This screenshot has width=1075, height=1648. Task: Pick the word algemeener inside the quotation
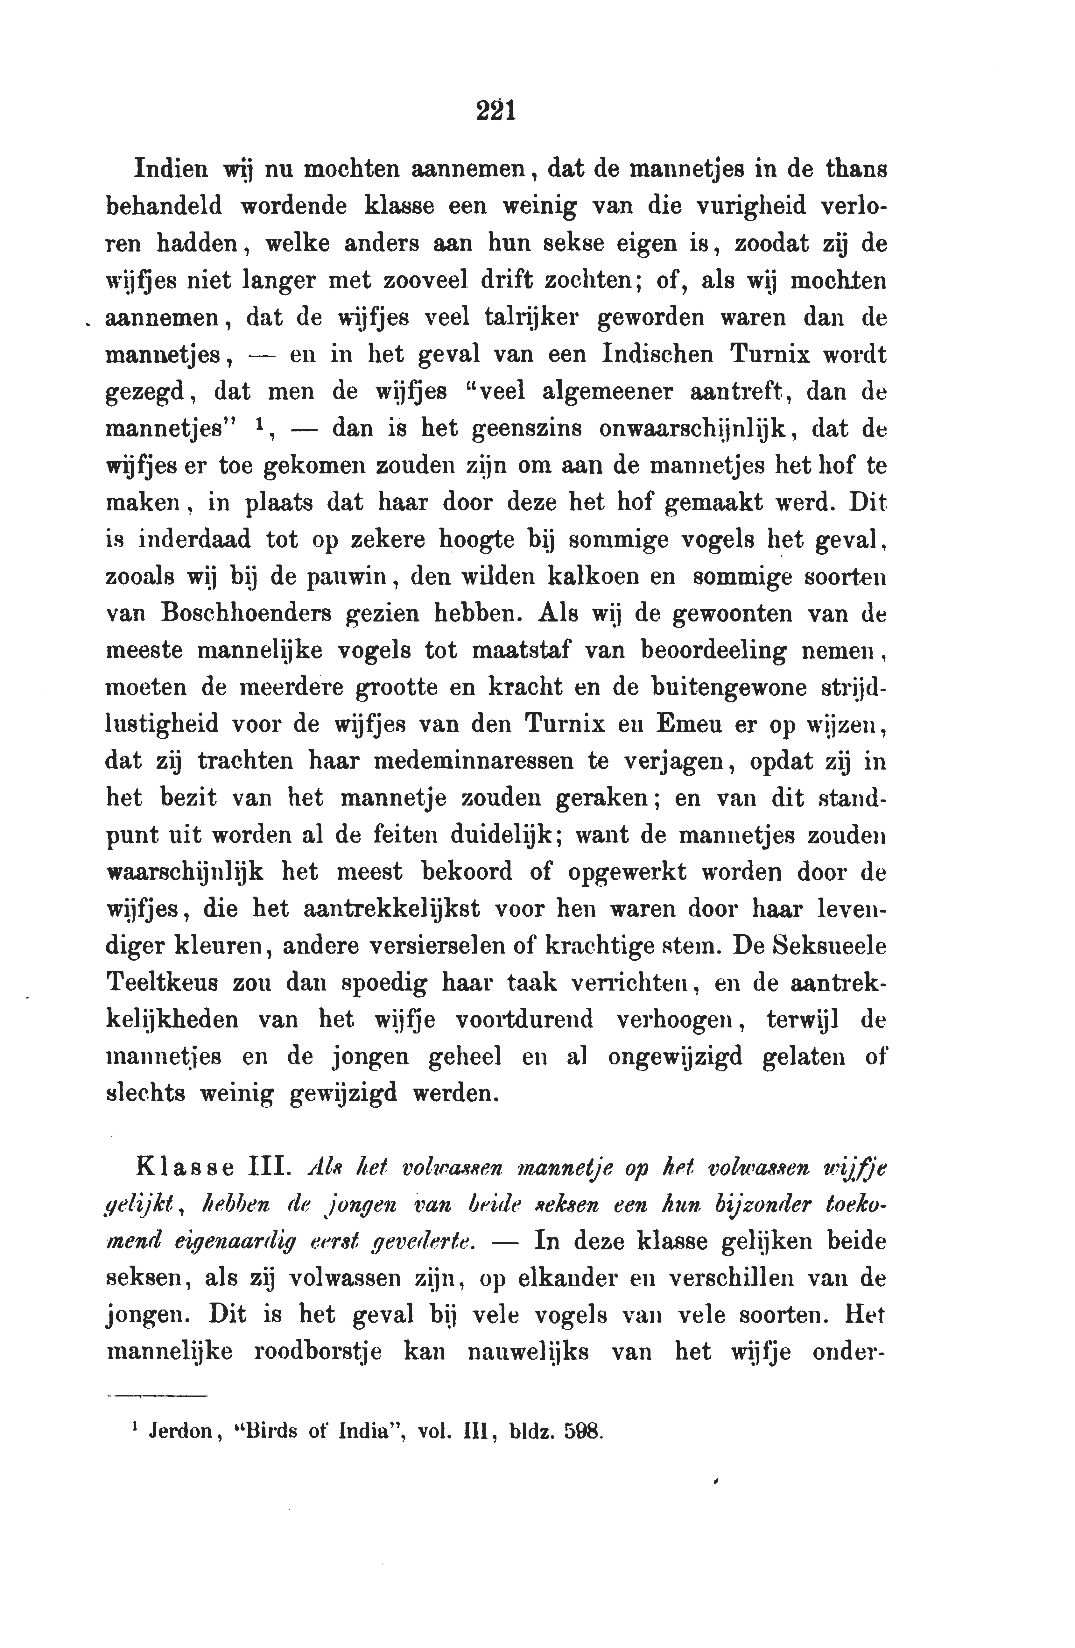click(607, 392)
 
